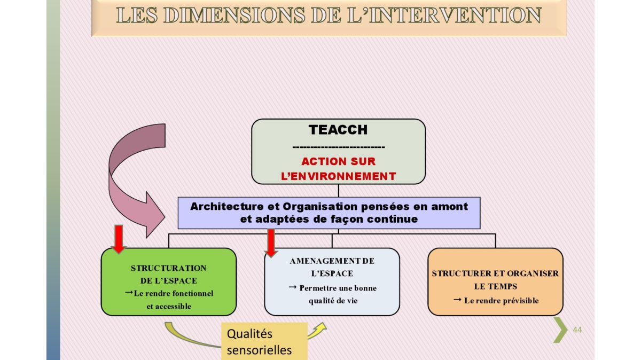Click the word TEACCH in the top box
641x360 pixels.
point(338,130)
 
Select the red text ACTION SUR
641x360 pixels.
point(338,161)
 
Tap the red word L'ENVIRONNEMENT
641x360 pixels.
point(338,176)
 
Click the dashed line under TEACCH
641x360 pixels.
point(339,147)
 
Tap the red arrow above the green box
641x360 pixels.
point(119,239)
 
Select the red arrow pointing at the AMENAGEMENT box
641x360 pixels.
point(271,242)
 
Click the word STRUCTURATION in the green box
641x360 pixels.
point(169,268)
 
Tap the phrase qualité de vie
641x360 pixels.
point(333,301)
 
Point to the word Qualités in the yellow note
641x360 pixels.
point(249,334)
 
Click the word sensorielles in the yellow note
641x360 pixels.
point(259,350)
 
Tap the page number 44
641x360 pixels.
point(577,330)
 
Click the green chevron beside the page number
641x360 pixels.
point(561,330)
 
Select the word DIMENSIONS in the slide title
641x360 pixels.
point(234,15)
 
